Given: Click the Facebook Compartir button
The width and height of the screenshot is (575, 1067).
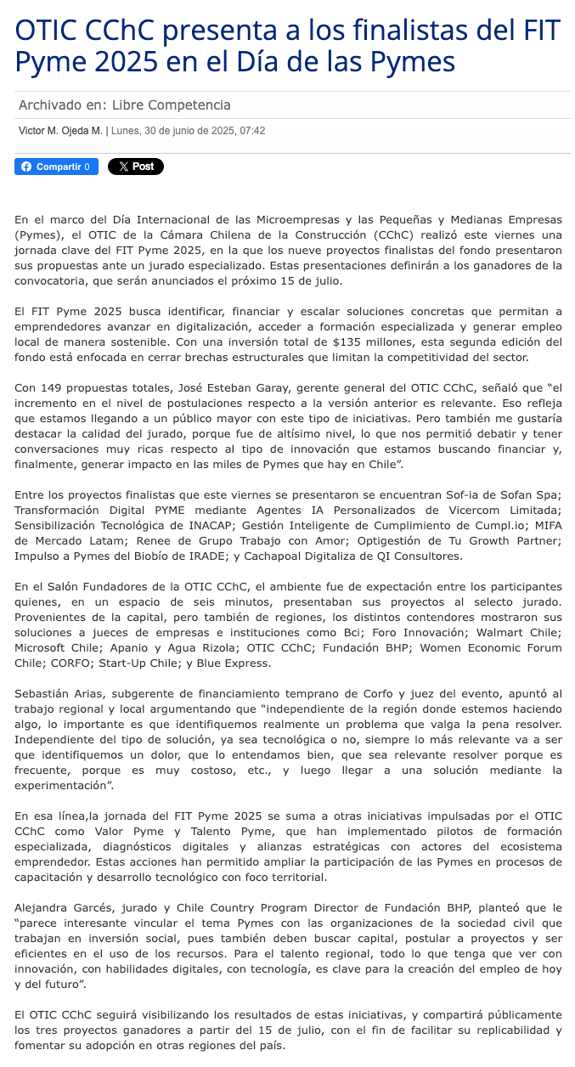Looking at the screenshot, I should [56, 167].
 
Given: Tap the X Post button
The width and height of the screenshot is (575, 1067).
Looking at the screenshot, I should [136, 167].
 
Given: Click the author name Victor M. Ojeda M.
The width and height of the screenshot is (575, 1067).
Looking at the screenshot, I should [60, 131].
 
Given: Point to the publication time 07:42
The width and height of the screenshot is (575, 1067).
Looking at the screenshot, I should [252, 131].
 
